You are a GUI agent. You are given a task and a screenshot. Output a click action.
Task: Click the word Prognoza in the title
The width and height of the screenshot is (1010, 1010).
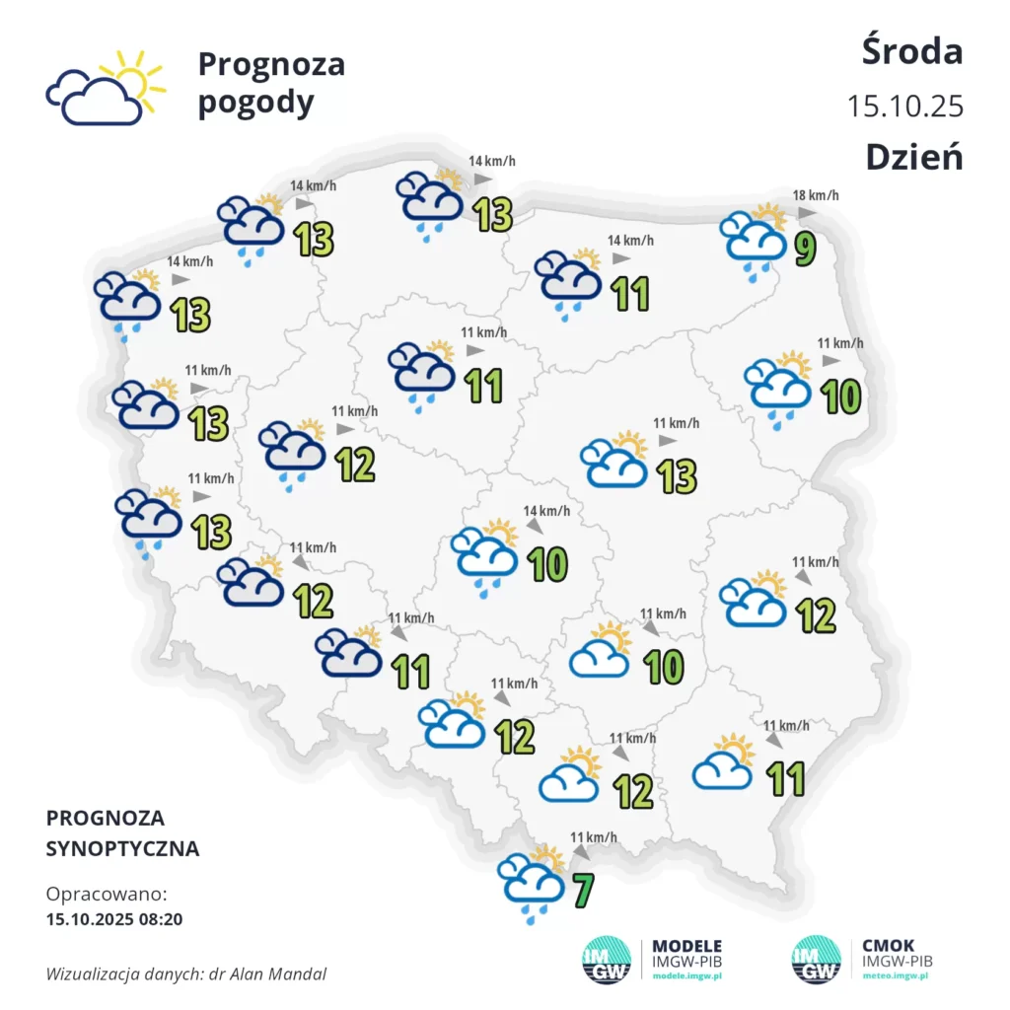pyautogui.click(x=271, y=64)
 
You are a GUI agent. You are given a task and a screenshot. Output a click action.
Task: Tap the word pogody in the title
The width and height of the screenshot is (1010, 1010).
pyautogui.click(x=255, y=103)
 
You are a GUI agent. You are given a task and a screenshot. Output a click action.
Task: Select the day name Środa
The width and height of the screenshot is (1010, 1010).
pyautogui.click(x=911, y=51)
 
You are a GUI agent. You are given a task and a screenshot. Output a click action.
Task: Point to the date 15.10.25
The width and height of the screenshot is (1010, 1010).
pyautogui.click(x=904, y=106)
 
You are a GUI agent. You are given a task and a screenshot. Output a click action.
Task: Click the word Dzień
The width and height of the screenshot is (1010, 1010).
pyautogui.click(x=913, y=157)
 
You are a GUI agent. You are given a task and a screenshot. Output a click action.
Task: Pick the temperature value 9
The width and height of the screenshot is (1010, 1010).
pyautogui.click(x=805, y=249)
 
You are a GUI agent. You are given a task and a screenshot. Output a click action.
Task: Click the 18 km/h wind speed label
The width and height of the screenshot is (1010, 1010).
pyautogui.click(x=816, y=195)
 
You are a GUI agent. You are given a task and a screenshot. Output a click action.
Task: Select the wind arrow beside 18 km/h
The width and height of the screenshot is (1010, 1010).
pyautogui.click(x=807, y=213)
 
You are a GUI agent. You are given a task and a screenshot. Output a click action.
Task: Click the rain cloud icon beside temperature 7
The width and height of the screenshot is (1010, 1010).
pyautogui.click(x=533, y=880)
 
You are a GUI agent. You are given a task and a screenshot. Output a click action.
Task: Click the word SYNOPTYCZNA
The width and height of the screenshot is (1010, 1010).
pyautogui.click(x=122, y=848)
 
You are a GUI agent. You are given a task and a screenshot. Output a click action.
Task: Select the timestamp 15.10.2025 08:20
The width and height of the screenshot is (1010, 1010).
pyautogui.click(x=114, y=919)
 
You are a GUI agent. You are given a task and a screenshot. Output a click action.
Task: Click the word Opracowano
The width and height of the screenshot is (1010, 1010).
pyautogui.click(x=107, y=895)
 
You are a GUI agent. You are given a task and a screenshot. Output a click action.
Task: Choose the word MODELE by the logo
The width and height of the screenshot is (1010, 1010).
pyautogui.click(x=686, y=945)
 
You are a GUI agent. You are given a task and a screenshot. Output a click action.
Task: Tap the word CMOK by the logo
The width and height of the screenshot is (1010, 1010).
pyautogui.click(x=888, y=945)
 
